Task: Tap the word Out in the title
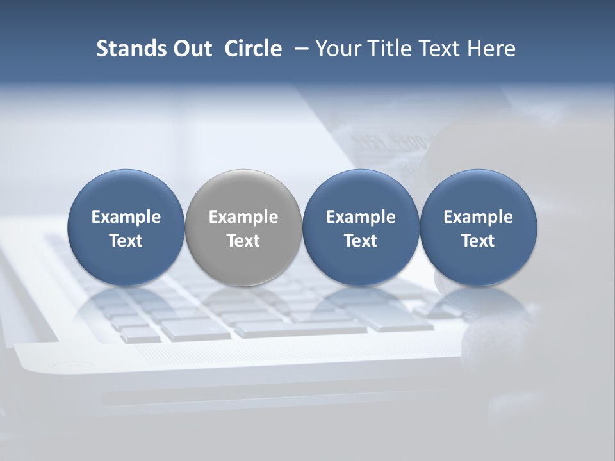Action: pyautogui.click(x=191, y=49)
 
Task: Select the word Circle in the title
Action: pyautogui.click(x=253, y=49)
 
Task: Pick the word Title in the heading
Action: pyautogui.click(x=389, y=49)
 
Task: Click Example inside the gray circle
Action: pyautogui.click(x=243, y=217)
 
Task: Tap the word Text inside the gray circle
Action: pyautogui.click(x=243, y=241)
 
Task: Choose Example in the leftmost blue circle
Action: pyautogui.click(x=126, y=217)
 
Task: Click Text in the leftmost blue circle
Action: pyautogui.click(x=126, y=241)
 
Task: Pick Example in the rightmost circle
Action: pyautogui.click(x=478, y=217)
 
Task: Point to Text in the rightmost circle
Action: pyautogui.click(x=478, y=241)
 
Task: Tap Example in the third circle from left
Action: pyautogui.click(x=361, y=217)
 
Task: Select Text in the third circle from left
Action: pyautogui.click(x=361, y=241)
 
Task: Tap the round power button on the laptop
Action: pyautogui.click(x=65, y=366)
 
